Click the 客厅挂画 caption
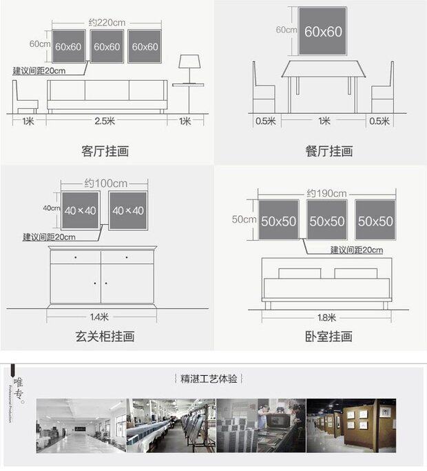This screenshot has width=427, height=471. (x=105, y=151)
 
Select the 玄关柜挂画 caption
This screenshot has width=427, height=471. (x=105, y=337)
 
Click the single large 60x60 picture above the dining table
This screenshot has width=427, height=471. (x=322, y=32)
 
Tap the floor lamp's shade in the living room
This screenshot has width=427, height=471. (x=189, y=62)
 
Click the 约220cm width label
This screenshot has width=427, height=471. (x=107, y=22)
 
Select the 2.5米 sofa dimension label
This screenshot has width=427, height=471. (x=107, y=121)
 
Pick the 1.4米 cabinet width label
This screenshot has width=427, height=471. (x=100, y=317)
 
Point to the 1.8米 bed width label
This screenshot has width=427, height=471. (x=326, y=317)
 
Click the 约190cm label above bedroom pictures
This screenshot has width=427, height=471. (x=326, y=193)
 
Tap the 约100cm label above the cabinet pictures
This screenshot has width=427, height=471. (x=105, y=183)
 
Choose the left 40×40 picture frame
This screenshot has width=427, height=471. (x=80, y=210)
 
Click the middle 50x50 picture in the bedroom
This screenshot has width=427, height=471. (x=327, y=221)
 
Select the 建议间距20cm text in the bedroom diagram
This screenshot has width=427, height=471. (x=356, y=250)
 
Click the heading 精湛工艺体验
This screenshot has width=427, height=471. (x=209, y=379)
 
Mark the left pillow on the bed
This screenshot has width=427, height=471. (x=300, y=273)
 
